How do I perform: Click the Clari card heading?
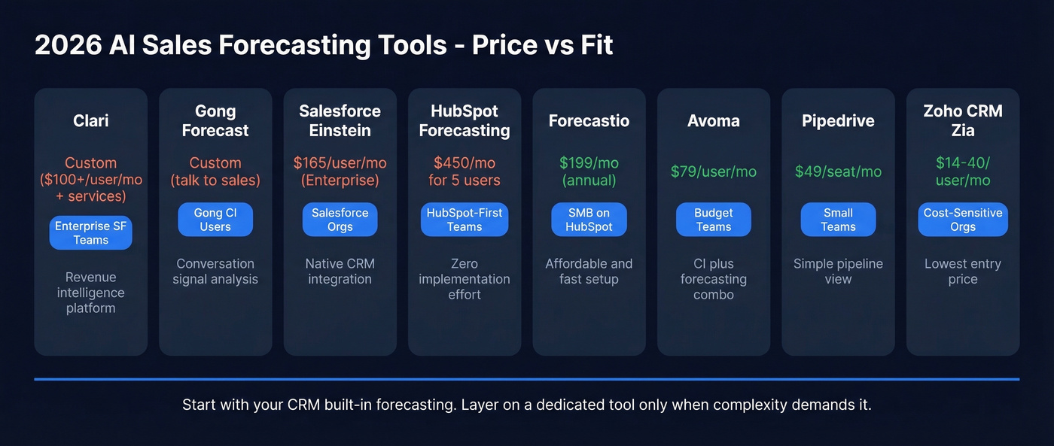90,120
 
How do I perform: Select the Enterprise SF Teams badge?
90,232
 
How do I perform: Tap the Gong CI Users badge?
215,220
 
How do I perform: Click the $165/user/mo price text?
340,163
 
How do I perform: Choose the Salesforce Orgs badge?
340,220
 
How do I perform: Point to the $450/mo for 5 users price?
465,171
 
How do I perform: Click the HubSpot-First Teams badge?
465,220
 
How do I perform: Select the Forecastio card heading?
589,120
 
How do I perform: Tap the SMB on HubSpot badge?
589,220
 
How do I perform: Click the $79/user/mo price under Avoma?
714,171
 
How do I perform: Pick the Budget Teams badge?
714,220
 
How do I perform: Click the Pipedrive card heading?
838,120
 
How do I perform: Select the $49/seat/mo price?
838,171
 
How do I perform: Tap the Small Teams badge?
838,220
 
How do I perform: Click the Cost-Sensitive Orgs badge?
963,220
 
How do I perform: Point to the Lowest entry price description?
963,272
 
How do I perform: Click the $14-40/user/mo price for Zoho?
963,171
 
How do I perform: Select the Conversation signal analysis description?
215,272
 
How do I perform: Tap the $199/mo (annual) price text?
589,171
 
